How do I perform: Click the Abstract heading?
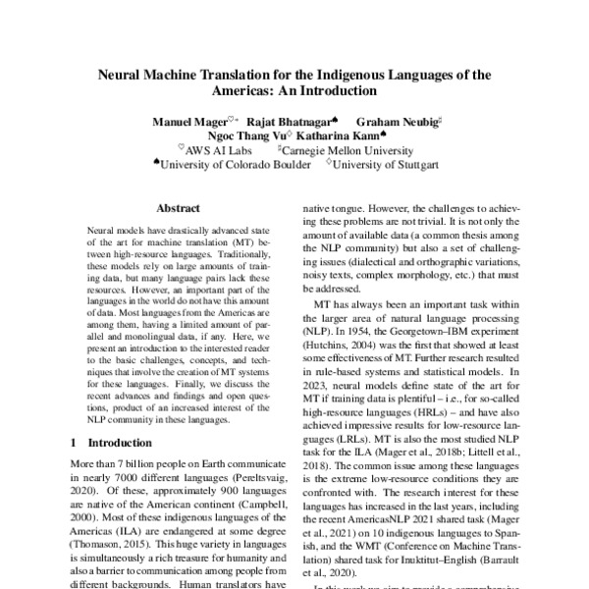point(178,208)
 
